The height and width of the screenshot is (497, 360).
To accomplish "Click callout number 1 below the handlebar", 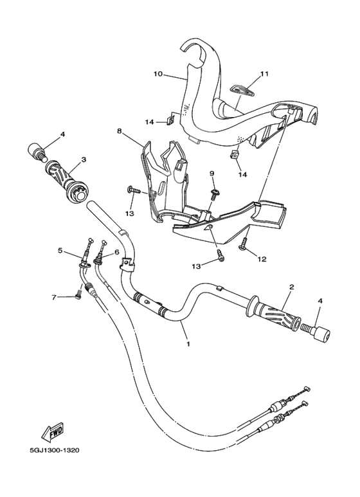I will pos(188,344).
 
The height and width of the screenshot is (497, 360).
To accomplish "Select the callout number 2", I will pos(292,287).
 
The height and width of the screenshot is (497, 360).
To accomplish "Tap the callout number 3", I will pos(84,159).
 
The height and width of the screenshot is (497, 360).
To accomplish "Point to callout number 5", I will pos(60,250).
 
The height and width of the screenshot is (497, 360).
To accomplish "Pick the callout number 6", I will pos(116,253).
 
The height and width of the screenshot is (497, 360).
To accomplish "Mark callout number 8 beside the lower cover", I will pos(119,131).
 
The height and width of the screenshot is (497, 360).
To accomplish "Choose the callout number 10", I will pos(157,74).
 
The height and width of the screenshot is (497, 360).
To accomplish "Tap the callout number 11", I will pos(264,74).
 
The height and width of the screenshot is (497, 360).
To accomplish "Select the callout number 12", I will pos(262,260).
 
